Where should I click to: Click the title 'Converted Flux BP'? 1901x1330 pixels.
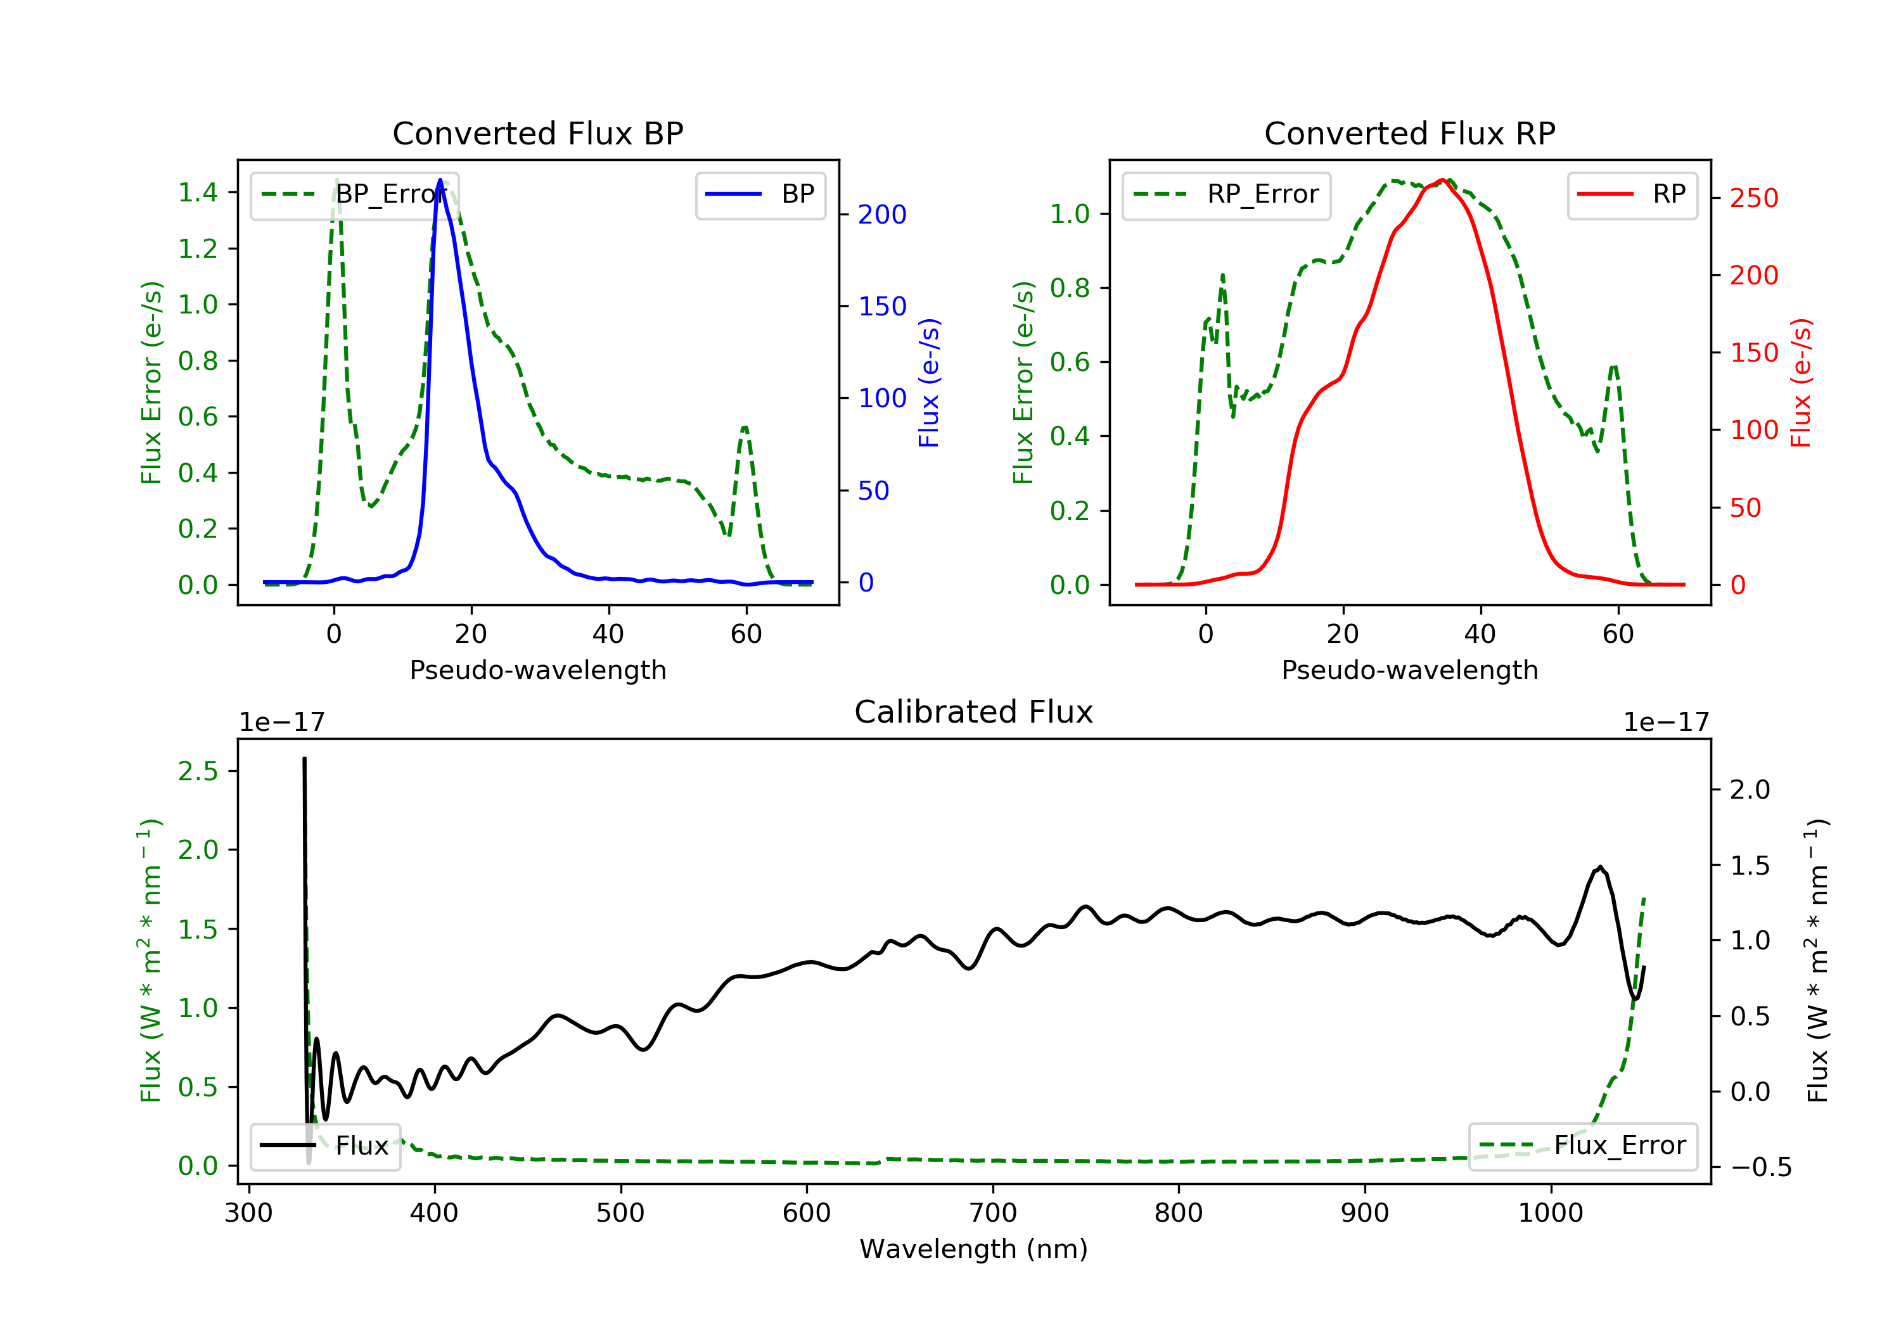537,133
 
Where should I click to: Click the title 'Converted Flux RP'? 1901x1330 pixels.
1409,133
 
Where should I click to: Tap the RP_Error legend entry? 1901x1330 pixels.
1226,195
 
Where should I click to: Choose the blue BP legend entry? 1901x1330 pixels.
761,195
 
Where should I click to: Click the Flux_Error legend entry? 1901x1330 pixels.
1583,1146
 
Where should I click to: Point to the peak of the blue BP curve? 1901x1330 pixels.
440,180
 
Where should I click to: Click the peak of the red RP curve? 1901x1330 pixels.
1442,180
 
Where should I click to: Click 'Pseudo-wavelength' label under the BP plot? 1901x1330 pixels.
537,669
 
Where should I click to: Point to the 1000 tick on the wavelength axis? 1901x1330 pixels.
1550,1213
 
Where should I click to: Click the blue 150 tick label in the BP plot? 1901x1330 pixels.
882,307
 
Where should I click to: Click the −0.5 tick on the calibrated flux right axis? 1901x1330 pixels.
1760,1167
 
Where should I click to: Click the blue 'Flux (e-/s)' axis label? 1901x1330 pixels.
929,383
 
